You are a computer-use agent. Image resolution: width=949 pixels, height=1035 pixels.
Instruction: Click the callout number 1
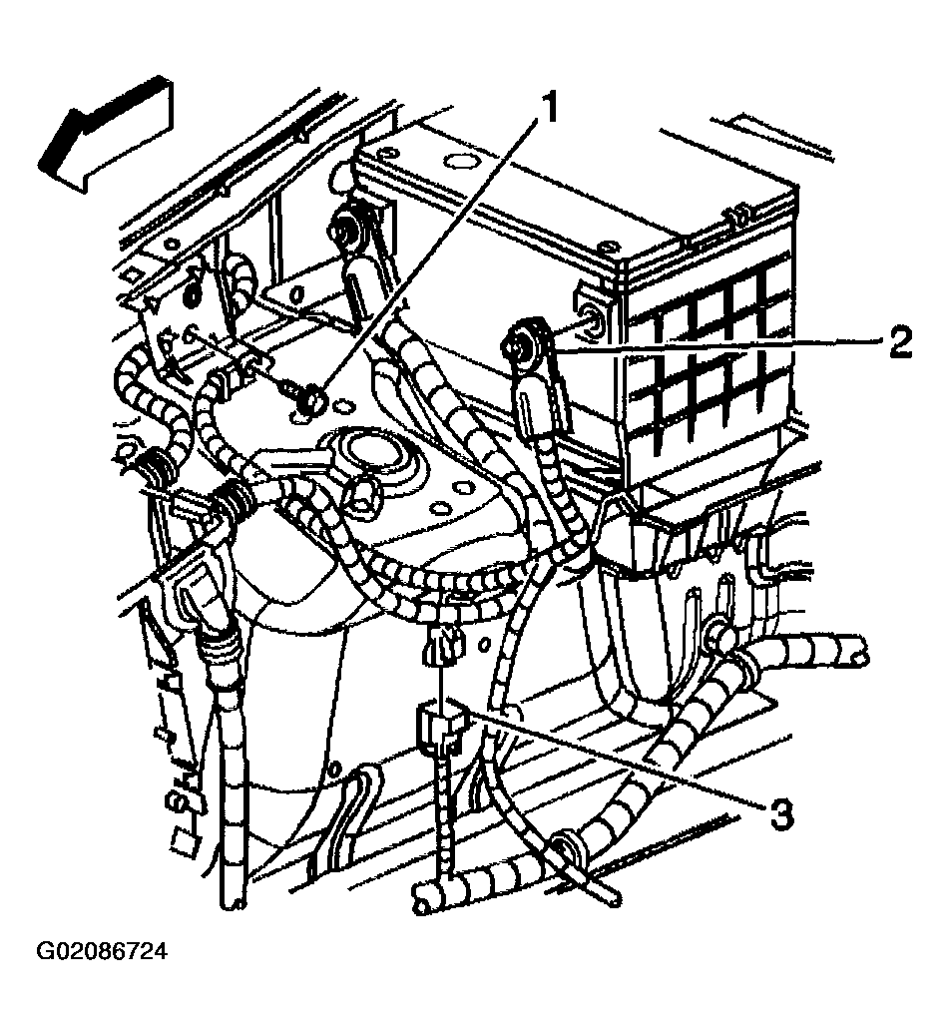tap(548, 108)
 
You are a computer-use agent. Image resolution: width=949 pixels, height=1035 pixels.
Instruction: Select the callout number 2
tap(899, 342)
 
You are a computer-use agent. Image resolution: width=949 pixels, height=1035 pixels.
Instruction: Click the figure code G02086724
tap(102, 952)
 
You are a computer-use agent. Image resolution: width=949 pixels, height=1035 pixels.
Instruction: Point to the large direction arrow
tap(106, 136)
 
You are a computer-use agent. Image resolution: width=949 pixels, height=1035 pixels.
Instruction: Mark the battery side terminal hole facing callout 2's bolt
tap(590, 319)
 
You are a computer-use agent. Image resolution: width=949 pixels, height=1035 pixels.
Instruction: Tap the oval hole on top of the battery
tap(457, 161)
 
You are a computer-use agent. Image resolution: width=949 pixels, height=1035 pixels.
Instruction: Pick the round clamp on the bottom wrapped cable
tap(569, 849)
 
